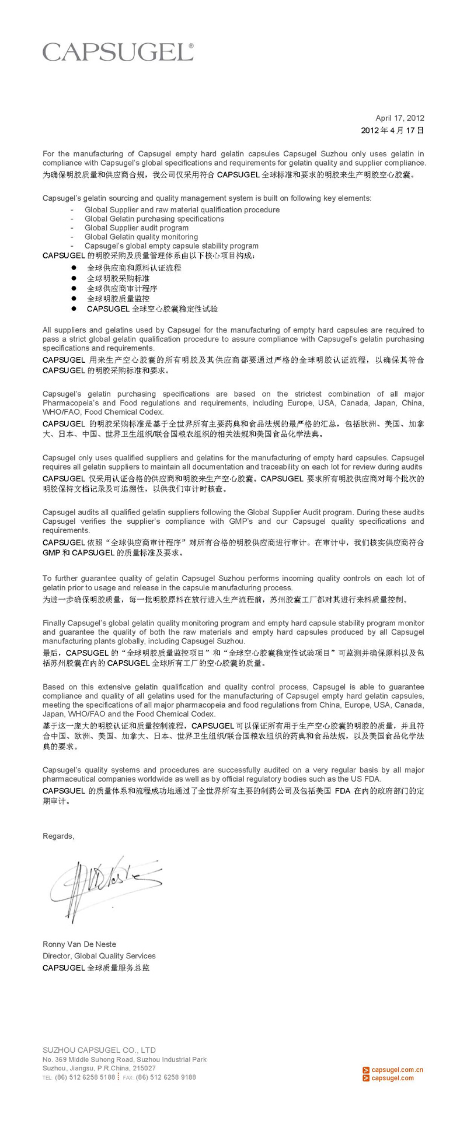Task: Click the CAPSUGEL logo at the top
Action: point(118,52)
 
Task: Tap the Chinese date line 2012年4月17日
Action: point(392,131)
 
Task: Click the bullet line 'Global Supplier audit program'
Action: point(137,228)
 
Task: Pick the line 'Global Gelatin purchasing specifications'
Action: point(154,219)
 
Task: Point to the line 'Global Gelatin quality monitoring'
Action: point(141,237)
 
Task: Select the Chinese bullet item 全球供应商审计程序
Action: point(122,289)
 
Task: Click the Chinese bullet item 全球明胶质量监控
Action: point(118,299)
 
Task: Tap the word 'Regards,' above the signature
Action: point(58,836)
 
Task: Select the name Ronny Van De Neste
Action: point(79,944)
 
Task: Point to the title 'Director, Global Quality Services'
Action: point(99,956)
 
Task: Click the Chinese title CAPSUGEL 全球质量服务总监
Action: point(96,968)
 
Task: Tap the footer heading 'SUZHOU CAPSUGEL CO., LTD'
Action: point(99,1050)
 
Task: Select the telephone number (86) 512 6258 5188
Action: point(85,1077)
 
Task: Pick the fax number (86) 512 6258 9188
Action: point(166,1077)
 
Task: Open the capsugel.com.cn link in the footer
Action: point(397,1070)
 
